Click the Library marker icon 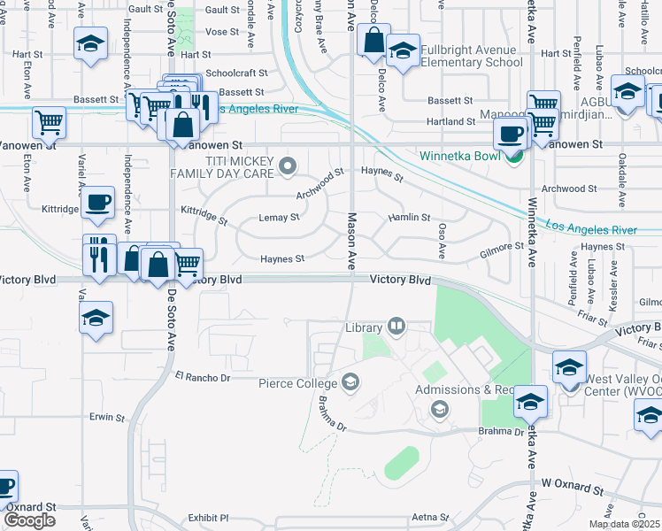click(x=396, y=327)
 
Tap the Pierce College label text click(x=297, y=383)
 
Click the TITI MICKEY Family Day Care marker click(x=287, y=165)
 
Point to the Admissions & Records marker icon click(x=438, y=409)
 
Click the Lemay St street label click(x=279, y=217)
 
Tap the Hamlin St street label click(x=409, y=217)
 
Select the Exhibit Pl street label click(x=208, y=518)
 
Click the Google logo click(x=29, y=519)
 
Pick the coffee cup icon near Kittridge click(x=98, y=202)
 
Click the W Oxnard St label click(x=572, y=489)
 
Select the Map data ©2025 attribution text click(x=624, y=524)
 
